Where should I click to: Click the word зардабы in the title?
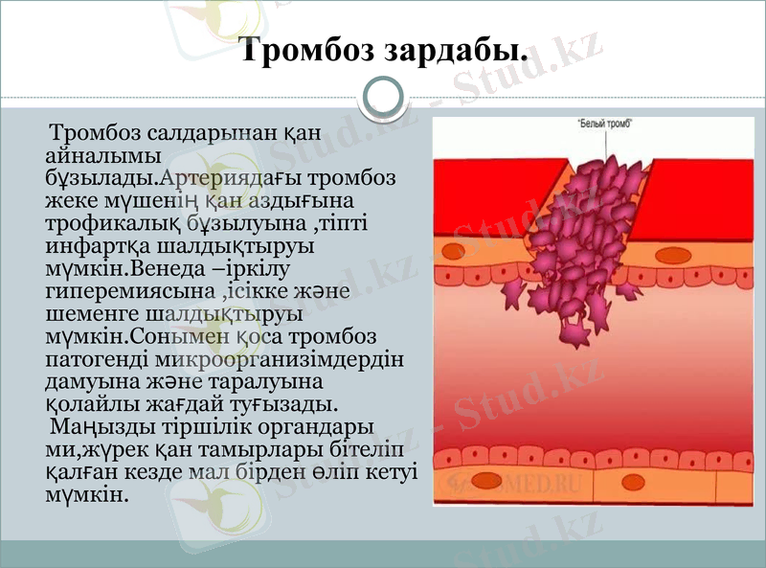456,50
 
